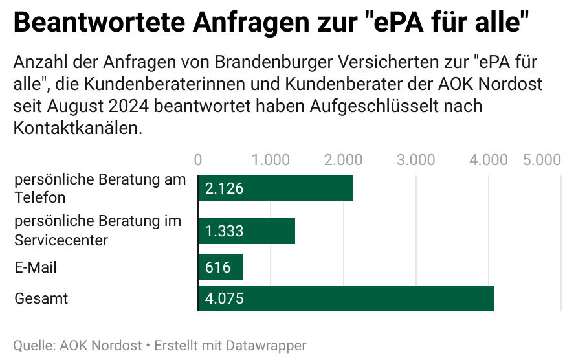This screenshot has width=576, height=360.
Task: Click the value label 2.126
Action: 224,188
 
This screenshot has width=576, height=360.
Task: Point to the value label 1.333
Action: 224,231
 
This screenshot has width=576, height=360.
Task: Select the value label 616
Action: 218,267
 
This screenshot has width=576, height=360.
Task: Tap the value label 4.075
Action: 224,298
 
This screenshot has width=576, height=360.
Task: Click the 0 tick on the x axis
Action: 198,160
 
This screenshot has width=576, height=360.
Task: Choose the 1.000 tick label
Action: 271,160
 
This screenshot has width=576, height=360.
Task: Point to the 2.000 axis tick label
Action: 343,160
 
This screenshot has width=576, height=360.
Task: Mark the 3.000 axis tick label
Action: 415,160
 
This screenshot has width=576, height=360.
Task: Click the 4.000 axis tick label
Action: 488,160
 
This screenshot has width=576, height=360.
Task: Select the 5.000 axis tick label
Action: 542,160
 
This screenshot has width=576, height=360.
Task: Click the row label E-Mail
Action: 36,267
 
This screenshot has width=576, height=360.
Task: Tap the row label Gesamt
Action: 41,298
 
